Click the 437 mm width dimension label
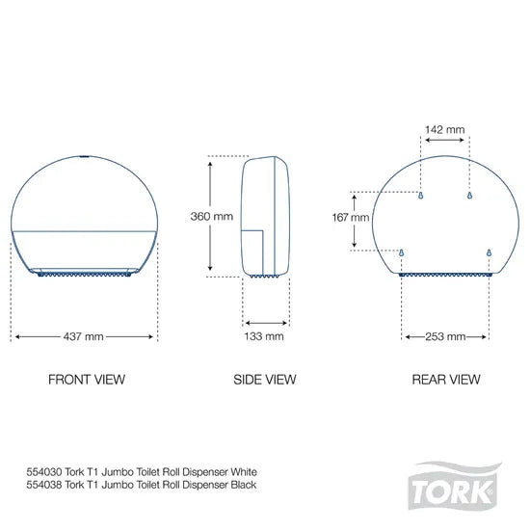[x=85, y=336]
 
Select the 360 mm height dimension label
[x=214, y=217]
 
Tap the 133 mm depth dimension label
[x=264, y=336]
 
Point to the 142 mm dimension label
[x=445, y=126]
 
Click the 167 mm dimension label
[x=352, y=218]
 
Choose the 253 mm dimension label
[x=445, y=336]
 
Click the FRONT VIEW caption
[x=86, y=380]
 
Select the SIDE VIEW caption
[x=264, y=380]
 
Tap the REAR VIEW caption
[x=445, y=380]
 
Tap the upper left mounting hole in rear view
[x=421, y=196]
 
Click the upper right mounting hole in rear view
[x=468, y=196]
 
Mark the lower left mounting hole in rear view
[x=402, y=254]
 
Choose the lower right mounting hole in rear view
[x=489, y=254]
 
